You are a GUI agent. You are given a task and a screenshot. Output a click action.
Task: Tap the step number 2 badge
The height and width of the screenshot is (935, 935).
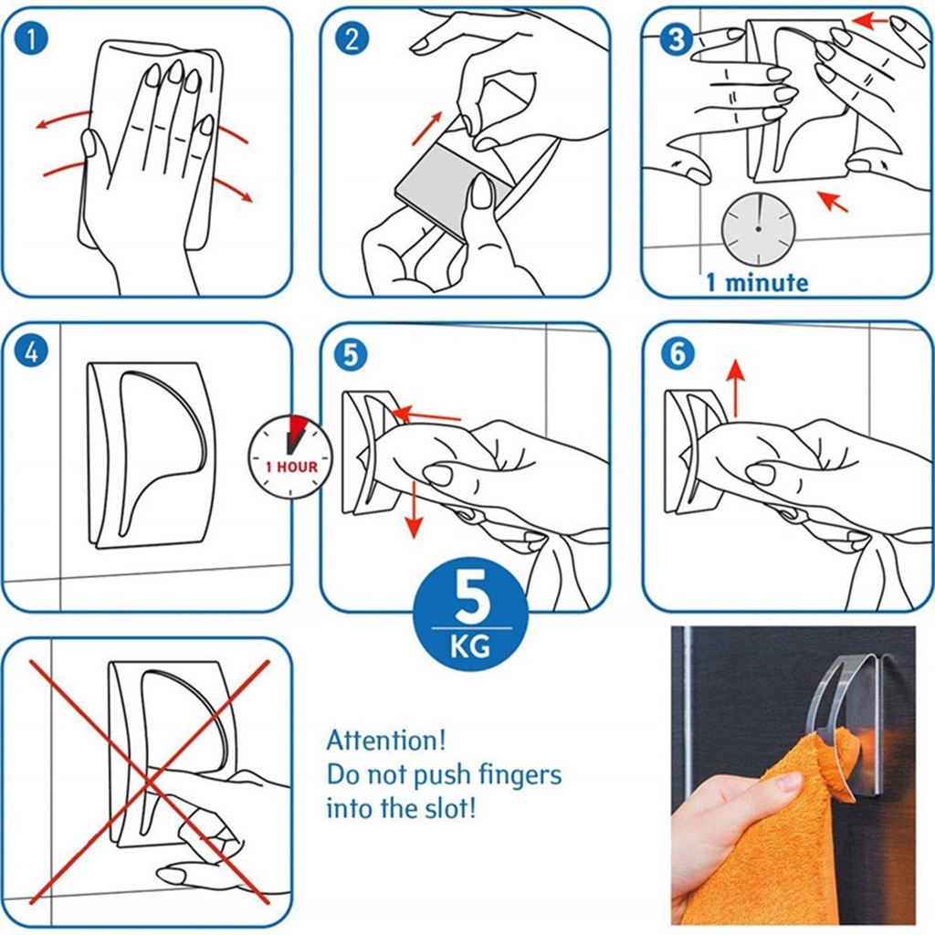coord(352,38)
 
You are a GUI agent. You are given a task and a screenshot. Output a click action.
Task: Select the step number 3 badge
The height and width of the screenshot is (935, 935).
coord(677,39)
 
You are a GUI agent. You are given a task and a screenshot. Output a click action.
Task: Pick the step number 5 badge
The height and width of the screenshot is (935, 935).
coord(351,354)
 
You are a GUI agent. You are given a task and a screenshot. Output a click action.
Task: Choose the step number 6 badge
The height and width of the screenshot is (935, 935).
coord(678,353)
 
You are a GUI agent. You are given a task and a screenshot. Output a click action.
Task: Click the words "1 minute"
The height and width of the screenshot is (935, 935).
coord(757,282)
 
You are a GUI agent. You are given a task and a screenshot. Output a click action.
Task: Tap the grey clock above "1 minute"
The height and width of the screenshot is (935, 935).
coord(758,228)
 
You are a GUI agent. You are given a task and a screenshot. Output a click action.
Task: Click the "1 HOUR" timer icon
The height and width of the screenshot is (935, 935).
coord(290,457)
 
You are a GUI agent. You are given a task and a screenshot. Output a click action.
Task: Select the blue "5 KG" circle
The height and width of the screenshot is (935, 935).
coord(471,614)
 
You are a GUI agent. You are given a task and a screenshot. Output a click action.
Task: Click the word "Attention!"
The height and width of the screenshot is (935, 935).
coord(386,740)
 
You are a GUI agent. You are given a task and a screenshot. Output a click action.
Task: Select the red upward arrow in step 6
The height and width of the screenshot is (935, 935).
coord(737,387)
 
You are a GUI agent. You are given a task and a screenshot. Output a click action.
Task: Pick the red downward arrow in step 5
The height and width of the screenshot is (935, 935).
coord(414,510)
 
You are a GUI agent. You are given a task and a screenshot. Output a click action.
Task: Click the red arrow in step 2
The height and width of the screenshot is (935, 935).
coord(427,128)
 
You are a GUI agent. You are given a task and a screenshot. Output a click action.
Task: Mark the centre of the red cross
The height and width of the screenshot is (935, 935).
coord(150,782)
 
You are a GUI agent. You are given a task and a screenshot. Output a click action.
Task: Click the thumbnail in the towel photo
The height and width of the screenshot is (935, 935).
coord(790,782)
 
